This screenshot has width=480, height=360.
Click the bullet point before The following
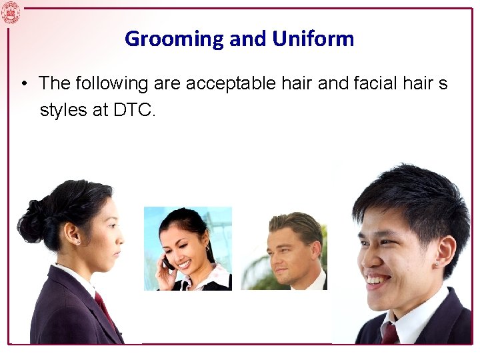(x=23, y=85)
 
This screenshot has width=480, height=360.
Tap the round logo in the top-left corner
(x=11, y=12)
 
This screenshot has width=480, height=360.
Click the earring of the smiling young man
(x=436, y=265)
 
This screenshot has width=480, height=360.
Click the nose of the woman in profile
(x=121, y=237)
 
